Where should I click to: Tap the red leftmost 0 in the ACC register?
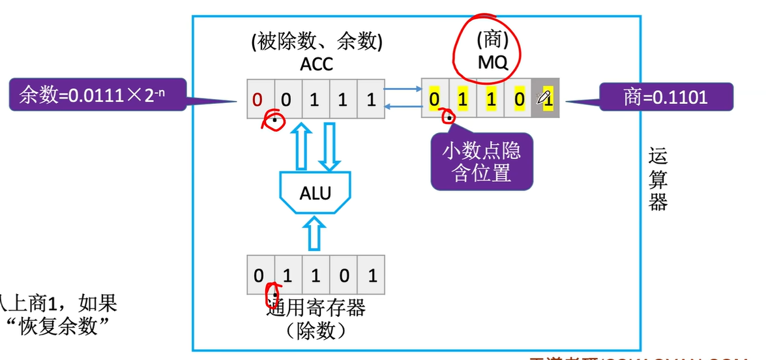[258, 100]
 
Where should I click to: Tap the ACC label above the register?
[316, 64]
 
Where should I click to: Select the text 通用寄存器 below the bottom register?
[316, 307]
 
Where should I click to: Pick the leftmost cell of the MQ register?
[435, 100]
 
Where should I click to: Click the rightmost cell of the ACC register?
[371, 100]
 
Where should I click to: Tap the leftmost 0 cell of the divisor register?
[259, 275]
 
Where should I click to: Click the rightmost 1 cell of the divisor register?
[372, 275]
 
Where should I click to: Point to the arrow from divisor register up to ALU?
[316, 234]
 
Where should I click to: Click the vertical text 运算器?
[658, 179]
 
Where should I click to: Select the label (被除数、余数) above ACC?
[316, 42]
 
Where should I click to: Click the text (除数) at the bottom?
[316, 331]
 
